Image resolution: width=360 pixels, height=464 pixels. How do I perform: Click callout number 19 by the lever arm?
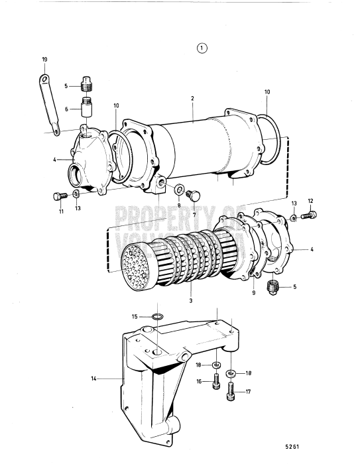click(x=45, y=60)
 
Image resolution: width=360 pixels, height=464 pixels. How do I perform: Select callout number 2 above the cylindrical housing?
click(x=192, y=98)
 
